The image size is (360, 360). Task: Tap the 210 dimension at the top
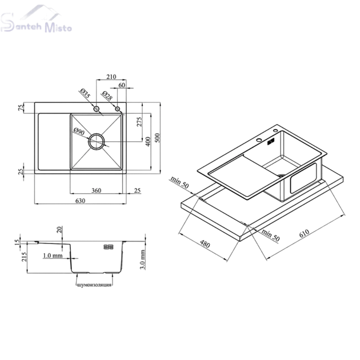point(111,77)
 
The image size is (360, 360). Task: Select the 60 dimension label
point(122,85)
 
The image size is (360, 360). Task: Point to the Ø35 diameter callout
point(85,93)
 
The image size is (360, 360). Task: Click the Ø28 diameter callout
point(107,95)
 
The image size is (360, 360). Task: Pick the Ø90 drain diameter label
point(79,131)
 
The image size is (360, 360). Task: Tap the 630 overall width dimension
point(80,201)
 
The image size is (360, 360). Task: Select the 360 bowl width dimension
point(96,190)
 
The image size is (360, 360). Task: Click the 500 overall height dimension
point(157,138)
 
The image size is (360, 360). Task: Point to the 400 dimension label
point(148,142)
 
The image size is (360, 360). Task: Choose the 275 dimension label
point(139,122)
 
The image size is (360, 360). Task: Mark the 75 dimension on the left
point(21,107)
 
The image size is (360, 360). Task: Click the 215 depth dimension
point(24,257)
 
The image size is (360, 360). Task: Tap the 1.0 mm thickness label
point(53,255)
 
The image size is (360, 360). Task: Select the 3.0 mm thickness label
point(143,259)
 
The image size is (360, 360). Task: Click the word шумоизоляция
point(94,285)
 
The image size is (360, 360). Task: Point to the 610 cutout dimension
point(305,233)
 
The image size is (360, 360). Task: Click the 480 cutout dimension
point(205,244)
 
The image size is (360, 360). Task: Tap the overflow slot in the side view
point(109,247)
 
